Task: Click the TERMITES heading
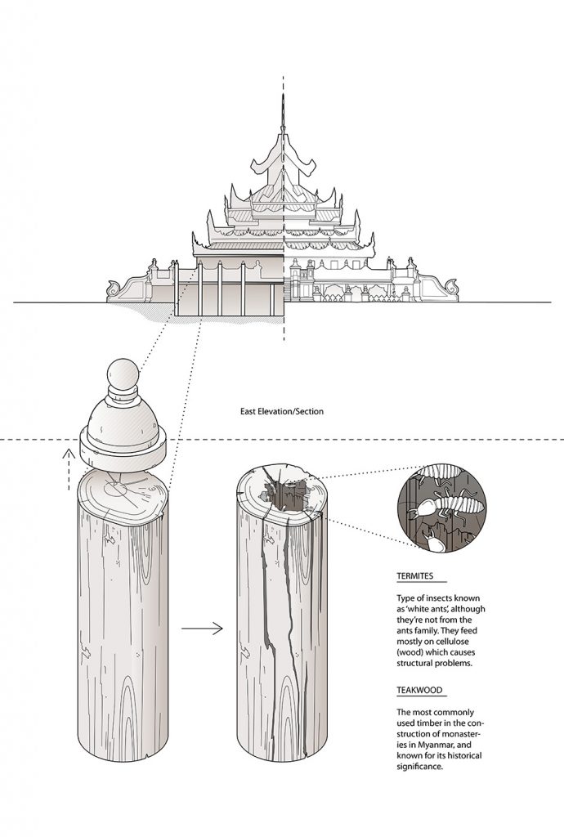click(x=414, y=576)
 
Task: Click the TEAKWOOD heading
click(x=419, y=690)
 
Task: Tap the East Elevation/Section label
click(x=282, y=411)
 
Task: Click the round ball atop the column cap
click(x=123, y=374)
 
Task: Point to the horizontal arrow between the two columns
click(x=202, y=629)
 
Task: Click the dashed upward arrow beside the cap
click(x=69, y=468)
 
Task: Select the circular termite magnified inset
click(x=442, y=508)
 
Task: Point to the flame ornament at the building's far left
click(x=113, y=289)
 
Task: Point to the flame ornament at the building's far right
click(x=452, y=287)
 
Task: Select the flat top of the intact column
click(x=122, y=497)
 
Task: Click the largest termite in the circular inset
click(x=447, y=504)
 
